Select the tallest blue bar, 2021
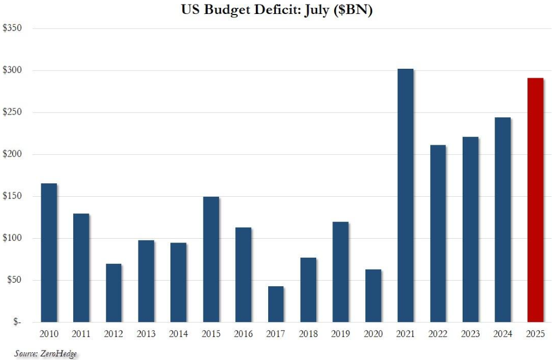405,196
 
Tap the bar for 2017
276,304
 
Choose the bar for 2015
211,259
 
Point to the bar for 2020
373,296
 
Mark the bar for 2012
113,293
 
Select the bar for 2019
341,272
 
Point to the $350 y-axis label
12,28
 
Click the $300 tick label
12,70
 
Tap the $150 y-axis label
12,196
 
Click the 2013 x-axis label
146,334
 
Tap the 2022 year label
438,334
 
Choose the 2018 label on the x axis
308,334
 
